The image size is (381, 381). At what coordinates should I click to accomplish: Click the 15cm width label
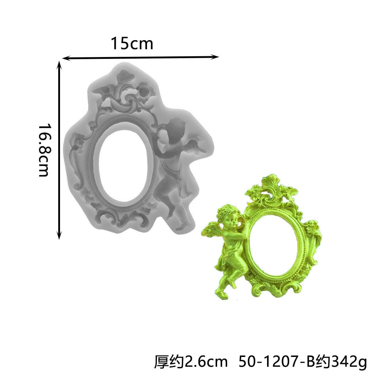click(x=132, y=44)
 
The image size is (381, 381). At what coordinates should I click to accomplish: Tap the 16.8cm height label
click(x=45, y=150)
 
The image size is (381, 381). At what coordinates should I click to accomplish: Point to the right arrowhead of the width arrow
click(x=215, y=57)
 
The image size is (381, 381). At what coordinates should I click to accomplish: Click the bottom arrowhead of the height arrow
click(x=59, y=236)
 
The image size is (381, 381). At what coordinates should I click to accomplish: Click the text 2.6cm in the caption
click(x=206, y=362)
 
